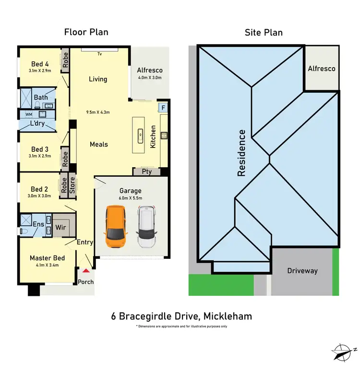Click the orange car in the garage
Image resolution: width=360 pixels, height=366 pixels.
pos(116,227)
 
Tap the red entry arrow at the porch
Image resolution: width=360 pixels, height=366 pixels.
pos(86,272)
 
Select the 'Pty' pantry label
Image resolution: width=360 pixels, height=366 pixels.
pos(147,171)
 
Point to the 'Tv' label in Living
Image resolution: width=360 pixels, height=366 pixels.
pos(100,54)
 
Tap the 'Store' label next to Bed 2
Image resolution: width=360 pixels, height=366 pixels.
pos(72,185)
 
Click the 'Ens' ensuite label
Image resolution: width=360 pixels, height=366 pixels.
pos(38,224)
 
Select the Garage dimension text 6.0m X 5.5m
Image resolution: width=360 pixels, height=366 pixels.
pos(131,198)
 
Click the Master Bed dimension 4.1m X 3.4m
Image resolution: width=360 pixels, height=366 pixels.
pos(47,266)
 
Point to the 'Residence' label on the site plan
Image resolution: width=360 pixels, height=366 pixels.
pos(241,153)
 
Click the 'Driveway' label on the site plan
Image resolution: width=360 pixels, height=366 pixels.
pos(302,271)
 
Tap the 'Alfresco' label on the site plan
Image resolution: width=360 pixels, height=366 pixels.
pos(321,69)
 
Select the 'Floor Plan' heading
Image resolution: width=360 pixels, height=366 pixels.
pos(86,32)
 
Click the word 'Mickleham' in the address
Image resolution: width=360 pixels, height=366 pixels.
pos(228,316)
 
